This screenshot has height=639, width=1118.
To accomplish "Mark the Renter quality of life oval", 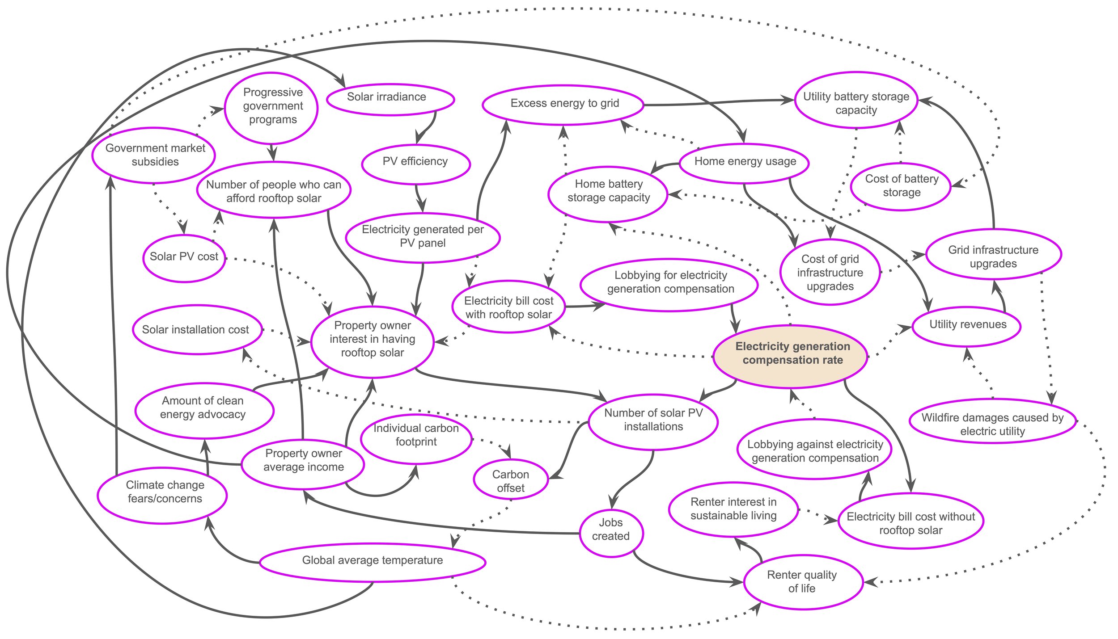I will click(x=803, y=582).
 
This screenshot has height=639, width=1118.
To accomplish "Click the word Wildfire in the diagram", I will click(x=941, y=418).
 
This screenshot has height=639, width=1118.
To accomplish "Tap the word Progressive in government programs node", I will click(x=273, y=92).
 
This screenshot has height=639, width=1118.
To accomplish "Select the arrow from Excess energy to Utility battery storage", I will click(x=716, y=103).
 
